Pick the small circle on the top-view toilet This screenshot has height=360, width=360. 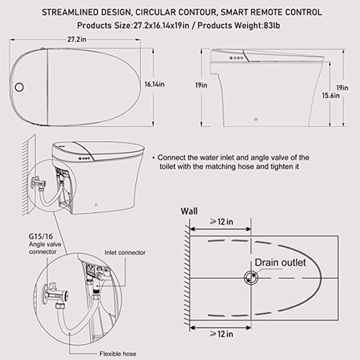click(x=21, y=86)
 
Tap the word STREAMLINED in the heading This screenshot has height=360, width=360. click(x=88, y=11)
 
